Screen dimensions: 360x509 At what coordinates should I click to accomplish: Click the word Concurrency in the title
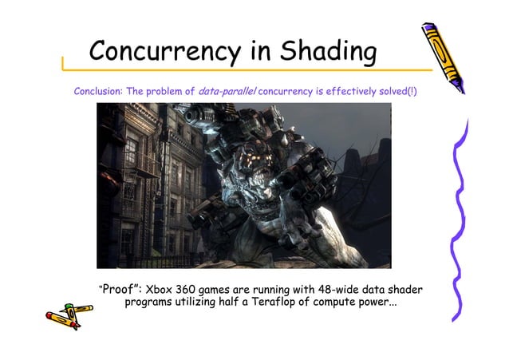coord(167,52)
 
